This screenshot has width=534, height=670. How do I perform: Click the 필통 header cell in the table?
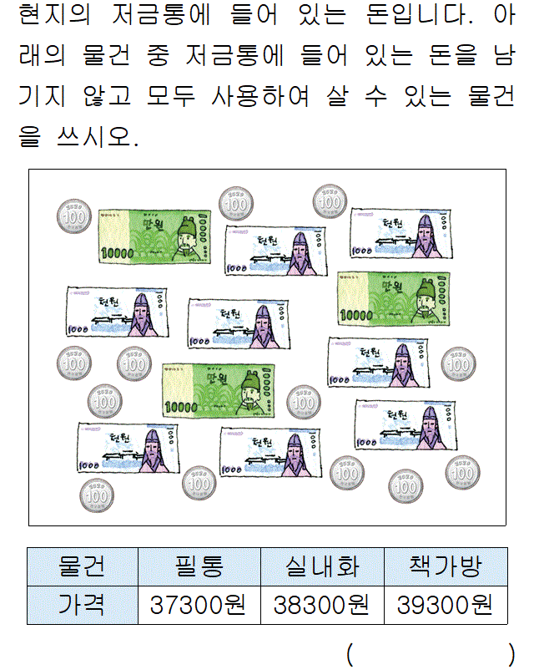pyautogui.click(x=199, y=567)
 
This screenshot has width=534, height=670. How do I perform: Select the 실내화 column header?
pyautogui.click(x=322, y=567)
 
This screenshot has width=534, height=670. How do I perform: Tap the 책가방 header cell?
pyautogui.click(x=446, y=567)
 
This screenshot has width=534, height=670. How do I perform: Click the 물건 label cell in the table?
pyautogui.click(x=82, y=567)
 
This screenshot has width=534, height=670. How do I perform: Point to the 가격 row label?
pyautogui.click(x=82, y=605)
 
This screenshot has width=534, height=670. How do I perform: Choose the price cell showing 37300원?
pyautogui.click(x=199, y=605)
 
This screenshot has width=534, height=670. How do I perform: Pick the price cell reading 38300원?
pyautogui.click(x=322, y=605)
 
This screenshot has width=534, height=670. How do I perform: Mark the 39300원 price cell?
pyautogui.click(x=446, y=605)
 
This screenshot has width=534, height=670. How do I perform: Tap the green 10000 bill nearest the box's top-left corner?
pyautogui.click(x=150, y=235)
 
